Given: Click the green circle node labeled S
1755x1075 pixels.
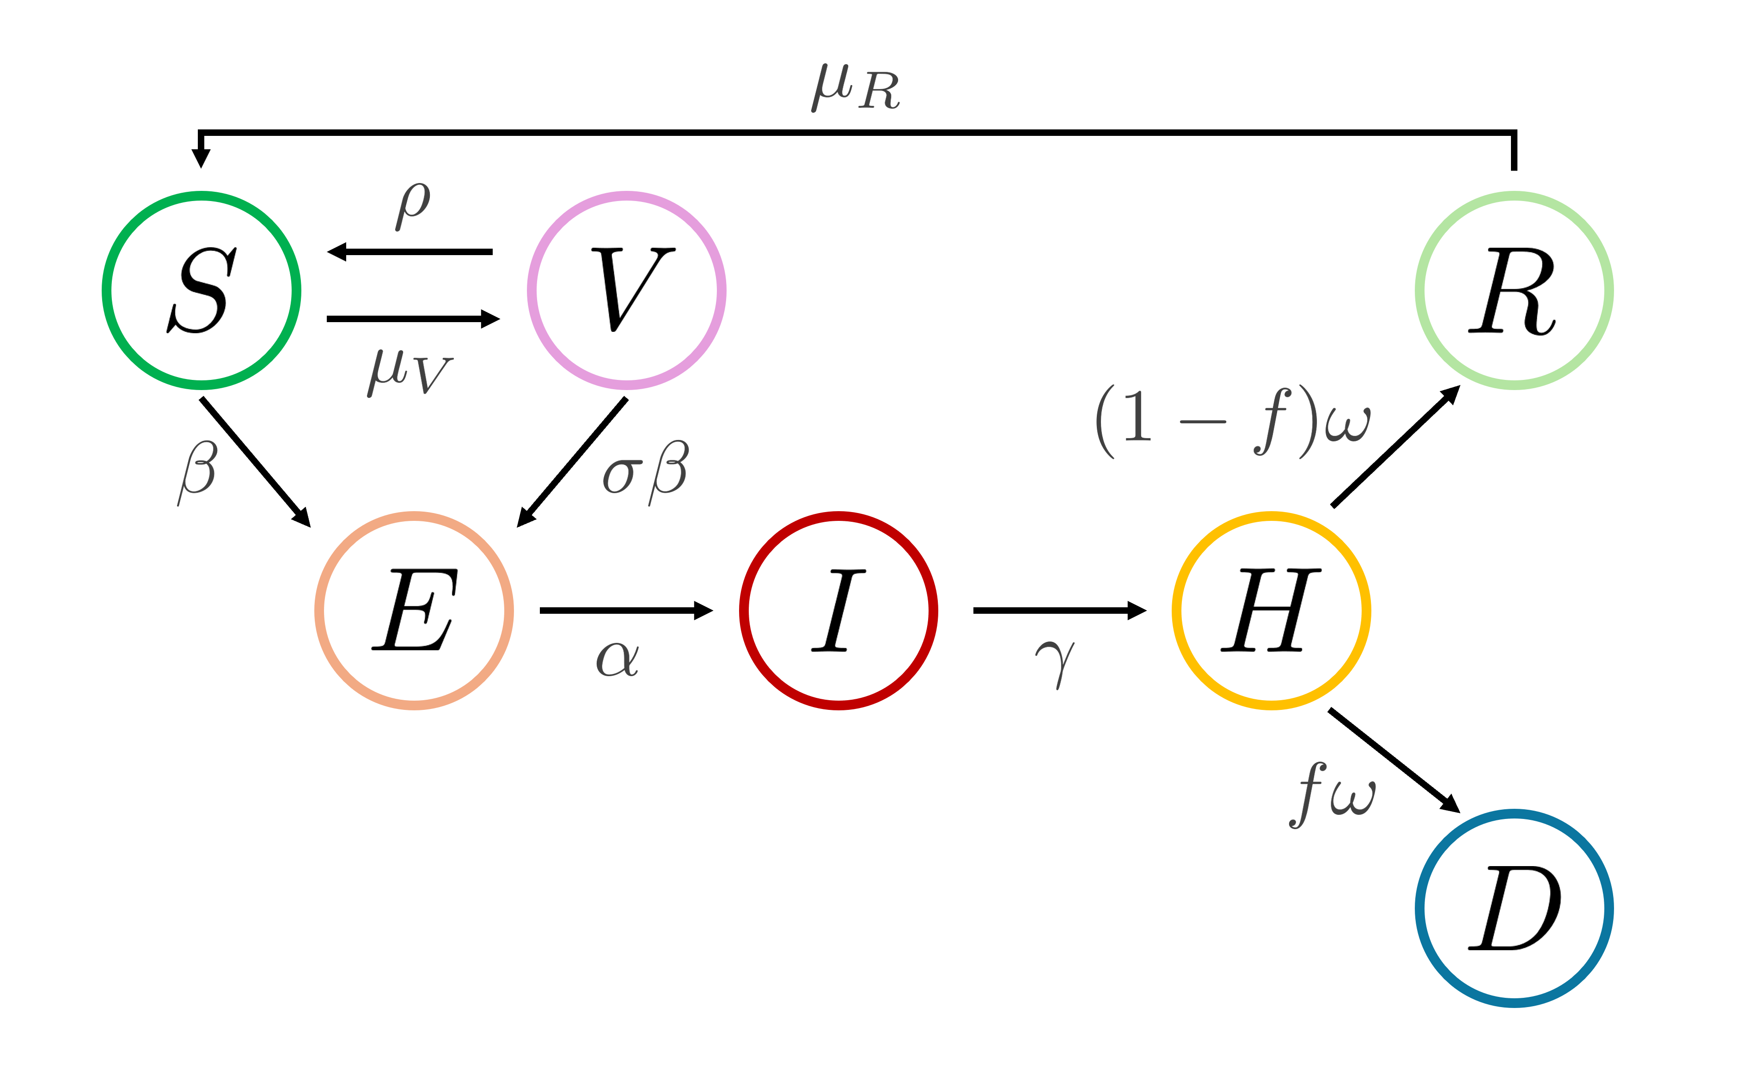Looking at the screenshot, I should click(202, 291).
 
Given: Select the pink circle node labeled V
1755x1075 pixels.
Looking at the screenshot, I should click(627, 291).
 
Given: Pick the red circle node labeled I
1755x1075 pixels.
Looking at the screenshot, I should click(838, 611).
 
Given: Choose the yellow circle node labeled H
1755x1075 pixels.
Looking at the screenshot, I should click(1272, 611).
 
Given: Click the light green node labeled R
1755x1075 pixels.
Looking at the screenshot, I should click(1514, 291).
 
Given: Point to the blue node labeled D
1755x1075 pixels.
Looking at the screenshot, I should click(1514, 908).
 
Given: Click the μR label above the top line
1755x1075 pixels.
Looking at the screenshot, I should click(856, 88).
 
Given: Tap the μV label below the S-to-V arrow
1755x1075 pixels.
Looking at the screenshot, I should click(410, 372).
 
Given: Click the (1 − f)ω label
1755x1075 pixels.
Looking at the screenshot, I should click(1232, 422).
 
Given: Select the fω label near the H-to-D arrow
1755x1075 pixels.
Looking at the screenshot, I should click(1332, 794).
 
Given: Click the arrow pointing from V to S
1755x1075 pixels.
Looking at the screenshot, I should click(410, 251).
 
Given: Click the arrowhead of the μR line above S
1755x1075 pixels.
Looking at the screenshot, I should click(202, 158).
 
